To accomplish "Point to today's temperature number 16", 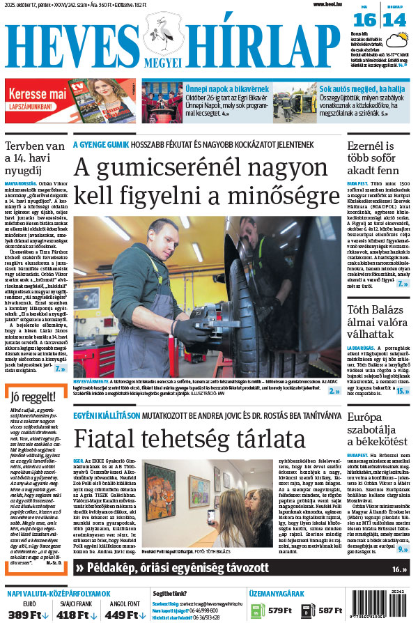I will pos(368,20).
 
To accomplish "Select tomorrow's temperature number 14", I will pos(394,20).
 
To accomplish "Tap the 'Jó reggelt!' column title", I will pos(33,398).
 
